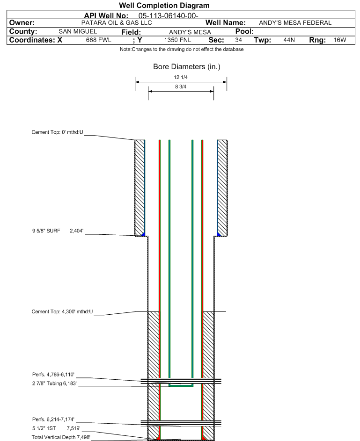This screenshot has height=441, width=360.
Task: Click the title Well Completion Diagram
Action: pos(164,5)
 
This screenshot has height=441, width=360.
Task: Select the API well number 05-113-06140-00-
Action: pos(169,16)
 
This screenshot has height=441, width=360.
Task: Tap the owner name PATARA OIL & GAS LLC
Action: pos(117,23)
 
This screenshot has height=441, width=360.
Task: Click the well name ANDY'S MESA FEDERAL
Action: pos(295,23)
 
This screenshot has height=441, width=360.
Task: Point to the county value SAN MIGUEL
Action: pos(78,31)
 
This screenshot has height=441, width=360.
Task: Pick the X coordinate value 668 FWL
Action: pos(98,40)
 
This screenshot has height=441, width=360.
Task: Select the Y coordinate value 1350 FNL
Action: pos(177,40)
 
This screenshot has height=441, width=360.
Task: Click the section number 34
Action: pos(238,40)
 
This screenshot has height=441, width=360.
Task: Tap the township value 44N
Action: pos(289,40)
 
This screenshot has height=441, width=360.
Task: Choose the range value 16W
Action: pos(340,40)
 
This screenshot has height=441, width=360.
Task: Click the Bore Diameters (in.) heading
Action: pos(187,67)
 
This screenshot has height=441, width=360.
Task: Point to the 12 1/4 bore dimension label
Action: pos(181,77)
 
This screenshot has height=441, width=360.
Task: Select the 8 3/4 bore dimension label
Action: pos(181,87)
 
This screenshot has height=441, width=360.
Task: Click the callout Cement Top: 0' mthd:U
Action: pos(58,132)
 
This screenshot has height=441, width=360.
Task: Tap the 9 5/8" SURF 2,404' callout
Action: pos(58,231)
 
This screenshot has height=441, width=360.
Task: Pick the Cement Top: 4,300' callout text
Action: pos(62,311)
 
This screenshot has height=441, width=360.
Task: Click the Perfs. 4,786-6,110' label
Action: pos(53,375)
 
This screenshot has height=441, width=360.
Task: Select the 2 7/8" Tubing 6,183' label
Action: pos(54,383)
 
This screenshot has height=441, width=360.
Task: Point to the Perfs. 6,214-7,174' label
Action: pos(53,419)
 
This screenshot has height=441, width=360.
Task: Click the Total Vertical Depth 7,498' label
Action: pos(61,437)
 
